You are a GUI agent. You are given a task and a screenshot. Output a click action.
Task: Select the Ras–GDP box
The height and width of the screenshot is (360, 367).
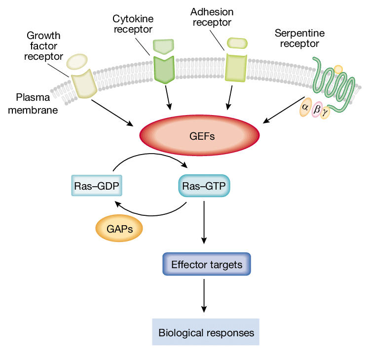pyautogui.click(x=96, y=186)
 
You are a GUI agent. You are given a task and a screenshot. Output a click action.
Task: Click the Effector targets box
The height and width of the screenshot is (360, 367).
pyautogui.click(x=207, y=264)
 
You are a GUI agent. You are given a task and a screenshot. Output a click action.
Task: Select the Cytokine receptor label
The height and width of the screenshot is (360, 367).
pyautogui.click(x=133, y=23)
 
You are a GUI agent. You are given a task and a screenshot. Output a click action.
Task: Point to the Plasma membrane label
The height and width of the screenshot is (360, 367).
pyautogui.click(x=37, y=103)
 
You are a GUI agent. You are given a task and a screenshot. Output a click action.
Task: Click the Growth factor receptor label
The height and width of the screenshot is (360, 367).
pyautogui.click(x=43, y=46)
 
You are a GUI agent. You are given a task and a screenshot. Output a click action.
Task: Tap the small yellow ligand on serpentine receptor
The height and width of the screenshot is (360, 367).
pyautogui.click(x=338, y=70)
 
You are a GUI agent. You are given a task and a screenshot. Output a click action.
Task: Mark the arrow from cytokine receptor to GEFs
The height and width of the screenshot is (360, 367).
pyautogui.click(x=168, y=96)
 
